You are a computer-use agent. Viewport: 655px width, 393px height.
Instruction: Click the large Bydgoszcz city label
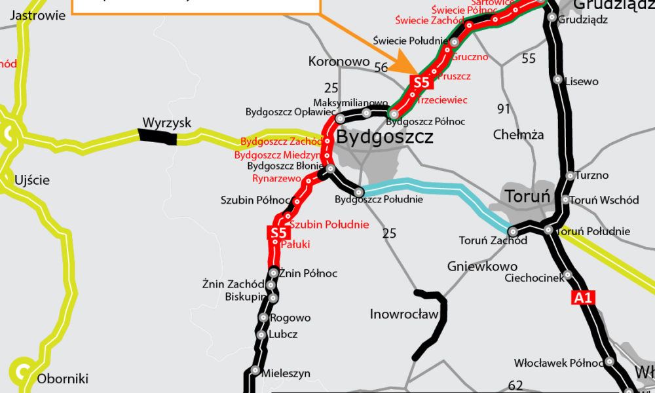coord(384,138)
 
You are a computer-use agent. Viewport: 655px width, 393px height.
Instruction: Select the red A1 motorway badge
coord(583,298)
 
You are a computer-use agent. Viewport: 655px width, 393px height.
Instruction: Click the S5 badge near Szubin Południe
coord(278,233)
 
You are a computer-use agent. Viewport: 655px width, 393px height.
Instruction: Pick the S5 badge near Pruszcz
coord(421,83)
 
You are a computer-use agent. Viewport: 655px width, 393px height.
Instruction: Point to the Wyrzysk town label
coord(167,122)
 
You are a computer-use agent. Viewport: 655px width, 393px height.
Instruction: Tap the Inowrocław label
coord(403,314)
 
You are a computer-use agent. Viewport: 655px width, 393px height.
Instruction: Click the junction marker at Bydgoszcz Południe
coord(359,192)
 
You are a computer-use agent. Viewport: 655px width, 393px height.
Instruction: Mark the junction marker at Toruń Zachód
coord(512,231)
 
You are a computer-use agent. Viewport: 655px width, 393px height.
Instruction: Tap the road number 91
coord(503,109)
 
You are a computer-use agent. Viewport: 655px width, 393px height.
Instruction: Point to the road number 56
coord(381,67)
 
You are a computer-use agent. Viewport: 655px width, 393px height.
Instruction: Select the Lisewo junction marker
coord(557,81)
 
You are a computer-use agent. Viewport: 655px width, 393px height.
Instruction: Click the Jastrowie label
coord(39,15)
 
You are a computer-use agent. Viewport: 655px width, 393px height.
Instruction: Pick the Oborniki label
coord(62,379)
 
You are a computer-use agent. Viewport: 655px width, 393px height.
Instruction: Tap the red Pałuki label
coord(295,245)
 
